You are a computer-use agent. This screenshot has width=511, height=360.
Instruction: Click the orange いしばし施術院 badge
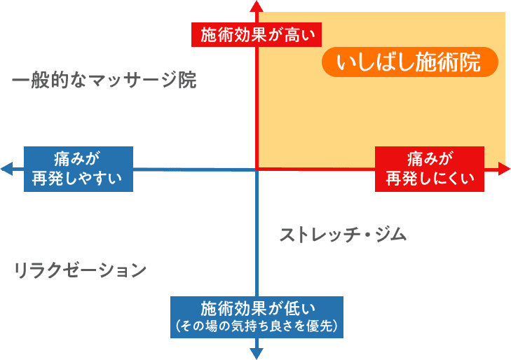point(409,63)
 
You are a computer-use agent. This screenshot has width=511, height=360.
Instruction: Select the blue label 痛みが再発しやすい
point(78,168)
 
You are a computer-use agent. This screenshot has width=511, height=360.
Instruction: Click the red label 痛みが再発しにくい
point(430,168)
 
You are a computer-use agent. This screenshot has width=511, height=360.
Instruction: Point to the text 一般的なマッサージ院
point(104,81)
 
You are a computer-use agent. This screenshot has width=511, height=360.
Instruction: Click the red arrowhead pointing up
point(257,5)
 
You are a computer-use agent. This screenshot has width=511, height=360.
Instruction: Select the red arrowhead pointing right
point(504,168)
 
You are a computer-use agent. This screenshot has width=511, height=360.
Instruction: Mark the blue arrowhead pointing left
point(6,169)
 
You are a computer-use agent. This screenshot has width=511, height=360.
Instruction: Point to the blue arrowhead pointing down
point(257,354)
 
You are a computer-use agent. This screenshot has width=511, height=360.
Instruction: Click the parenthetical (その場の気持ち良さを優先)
point(257,326)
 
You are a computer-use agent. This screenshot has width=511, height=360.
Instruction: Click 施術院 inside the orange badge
point(455,63)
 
